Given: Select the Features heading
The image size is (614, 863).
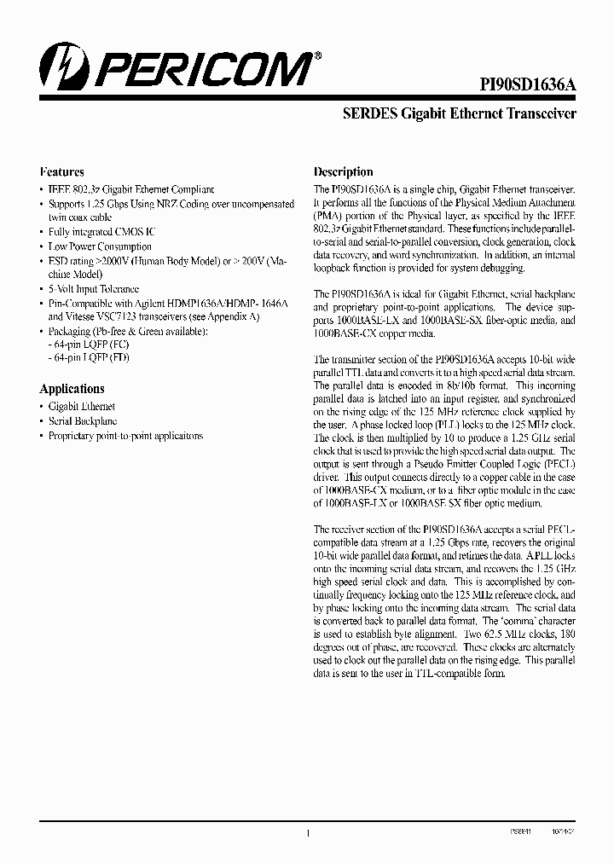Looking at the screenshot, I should point(61,171).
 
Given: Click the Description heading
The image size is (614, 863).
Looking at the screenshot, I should point(343,171).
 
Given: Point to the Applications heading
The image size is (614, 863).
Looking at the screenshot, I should point(72,389).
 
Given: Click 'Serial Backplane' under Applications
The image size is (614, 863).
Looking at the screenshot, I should point(83,421).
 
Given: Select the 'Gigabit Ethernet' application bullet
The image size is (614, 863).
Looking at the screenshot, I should point(82,407).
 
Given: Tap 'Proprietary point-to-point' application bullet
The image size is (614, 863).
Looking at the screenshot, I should point(125,436).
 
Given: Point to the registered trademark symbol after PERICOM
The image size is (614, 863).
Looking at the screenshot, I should point(318,55).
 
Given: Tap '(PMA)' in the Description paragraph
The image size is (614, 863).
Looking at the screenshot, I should point(328,217).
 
